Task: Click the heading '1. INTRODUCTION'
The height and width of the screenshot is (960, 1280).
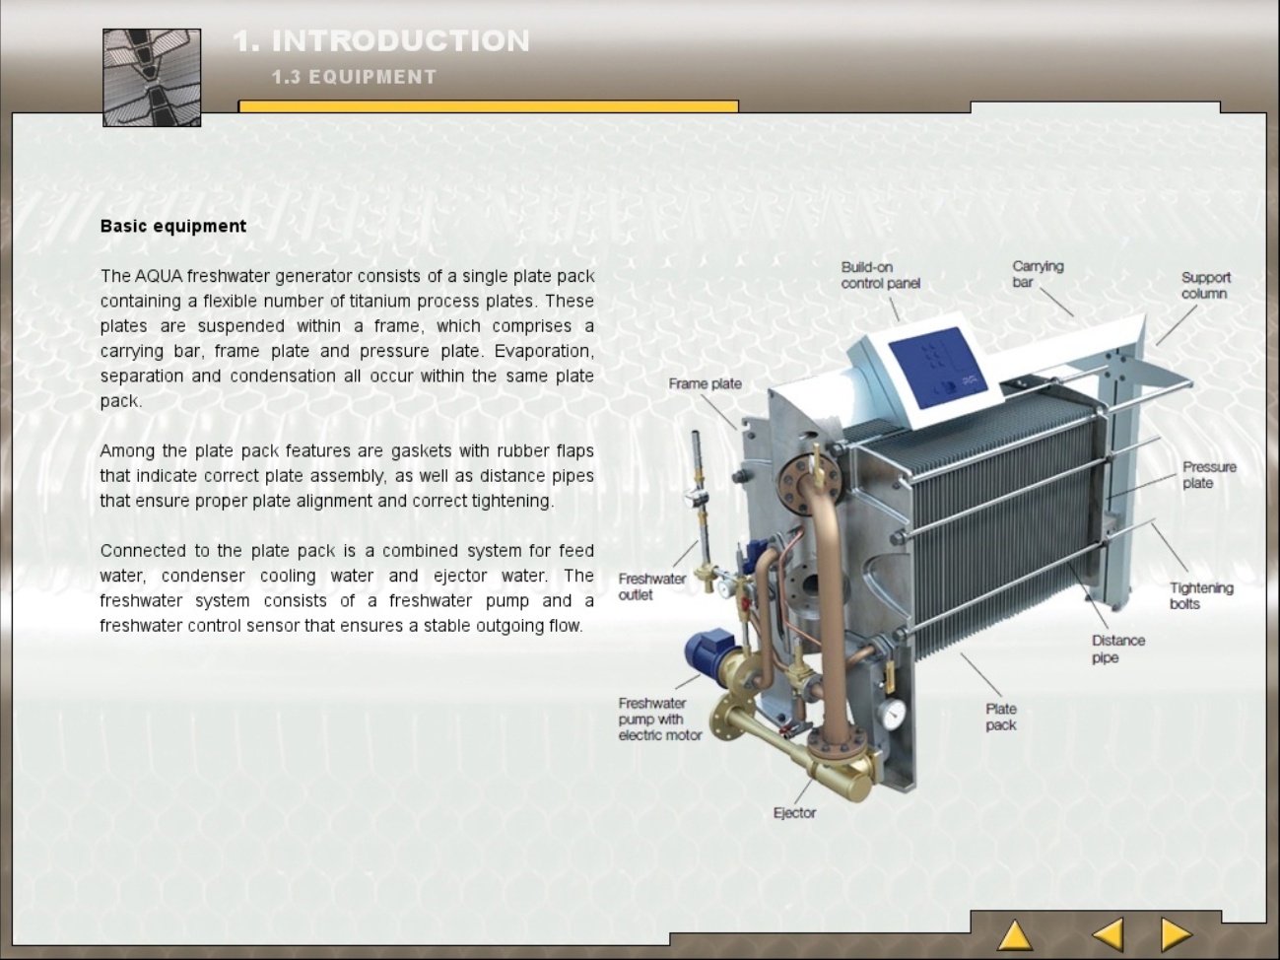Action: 381,40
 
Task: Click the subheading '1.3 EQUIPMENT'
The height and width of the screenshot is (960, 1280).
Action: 354,77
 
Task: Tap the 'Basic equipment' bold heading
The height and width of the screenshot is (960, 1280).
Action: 173,227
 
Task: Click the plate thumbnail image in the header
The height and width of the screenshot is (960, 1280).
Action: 152,78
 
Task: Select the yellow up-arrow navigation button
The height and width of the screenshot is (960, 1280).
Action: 1015,935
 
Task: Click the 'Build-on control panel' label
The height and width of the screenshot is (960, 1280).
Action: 881,275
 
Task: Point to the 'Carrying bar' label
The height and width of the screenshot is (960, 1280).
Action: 1038,274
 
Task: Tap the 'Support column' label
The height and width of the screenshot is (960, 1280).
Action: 1206,285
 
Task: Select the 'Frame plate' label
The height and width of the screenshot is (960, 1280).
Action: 705,383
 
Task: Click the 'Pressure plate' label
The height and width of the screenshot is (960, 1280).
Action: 1209,475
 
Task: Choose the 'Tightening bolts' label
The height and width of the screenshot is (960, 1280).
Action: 1201,595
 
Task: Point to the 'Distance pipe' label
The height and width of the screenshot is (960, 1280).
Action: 1117,649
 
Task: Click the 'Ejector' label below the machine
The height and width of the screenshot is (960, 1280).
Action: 794,812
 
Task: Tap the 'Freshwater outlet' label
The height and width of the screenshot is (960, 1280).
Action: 652,586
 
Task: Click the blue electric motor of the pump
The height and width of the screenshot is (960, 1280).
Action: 707,651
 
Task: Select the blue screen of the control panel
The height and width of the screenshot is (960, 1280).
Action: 937,368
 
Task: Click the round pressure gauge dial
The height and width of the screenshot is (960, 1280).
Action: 892,715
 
